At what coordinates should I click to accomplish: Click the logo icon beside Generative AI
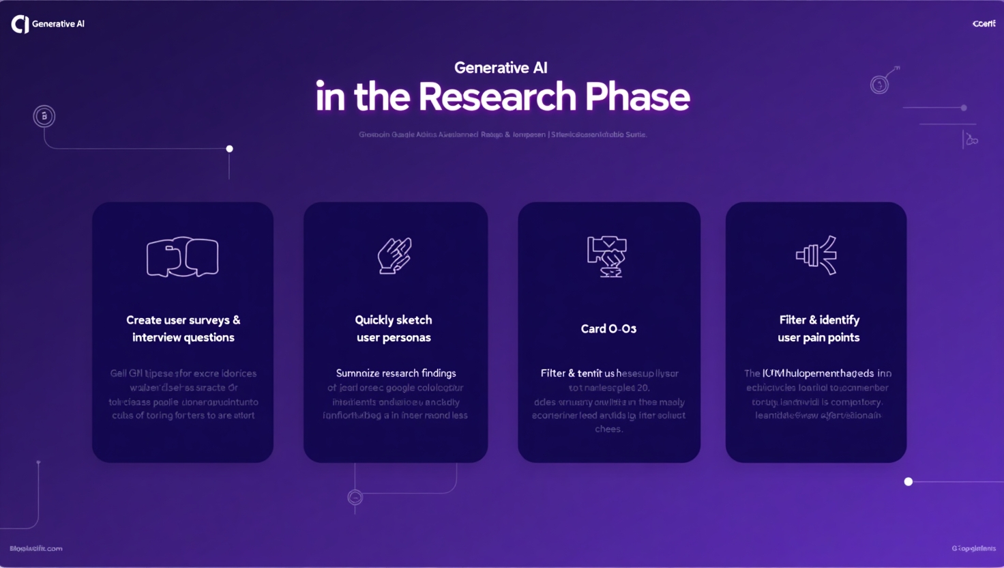click(20, 25)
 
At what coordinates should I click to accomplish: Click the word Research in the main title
click(497, 97)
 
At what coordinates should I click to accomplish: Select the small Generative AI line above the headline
click(501, 68)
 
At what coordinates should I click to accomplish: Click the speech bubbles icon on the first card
click(182, 257)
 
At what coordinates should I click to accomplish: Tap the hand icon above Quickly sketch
click(395, 255)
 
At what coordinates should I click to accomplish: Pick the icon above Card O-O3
click(607, 256)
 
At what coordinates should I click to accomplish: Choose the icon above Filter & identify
click(816, 255)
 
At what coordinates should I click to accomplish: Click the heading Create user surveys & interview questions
click(183, 328)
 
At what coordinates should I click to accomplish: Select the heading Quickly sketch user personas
click(394, 328)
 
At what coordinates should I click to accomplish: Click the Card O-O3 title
click(608, 329)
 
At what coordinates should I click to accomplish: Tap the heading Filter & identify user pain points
click(818, 328)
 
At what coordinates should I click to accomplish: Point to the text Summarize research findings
click(396, 373)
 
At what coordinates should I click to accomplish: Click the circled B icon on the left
click(44, 116)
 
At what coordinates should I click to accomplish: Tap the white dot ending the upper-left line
click(230, 149)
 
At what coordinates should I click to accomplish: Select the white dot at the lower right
click(908, 482)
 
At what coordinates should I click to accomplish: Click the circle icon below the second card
click(355, 498)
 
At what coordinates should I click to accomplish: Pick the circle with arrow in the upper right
click(880, 85)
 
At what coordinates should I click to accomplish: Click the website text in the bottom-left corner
click(36, 548)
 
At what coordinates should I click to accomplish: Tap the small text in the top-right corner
click(984, 24)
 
